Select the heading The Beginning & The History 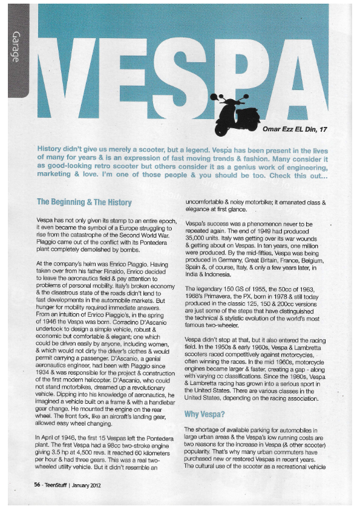tap(83, 201)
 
